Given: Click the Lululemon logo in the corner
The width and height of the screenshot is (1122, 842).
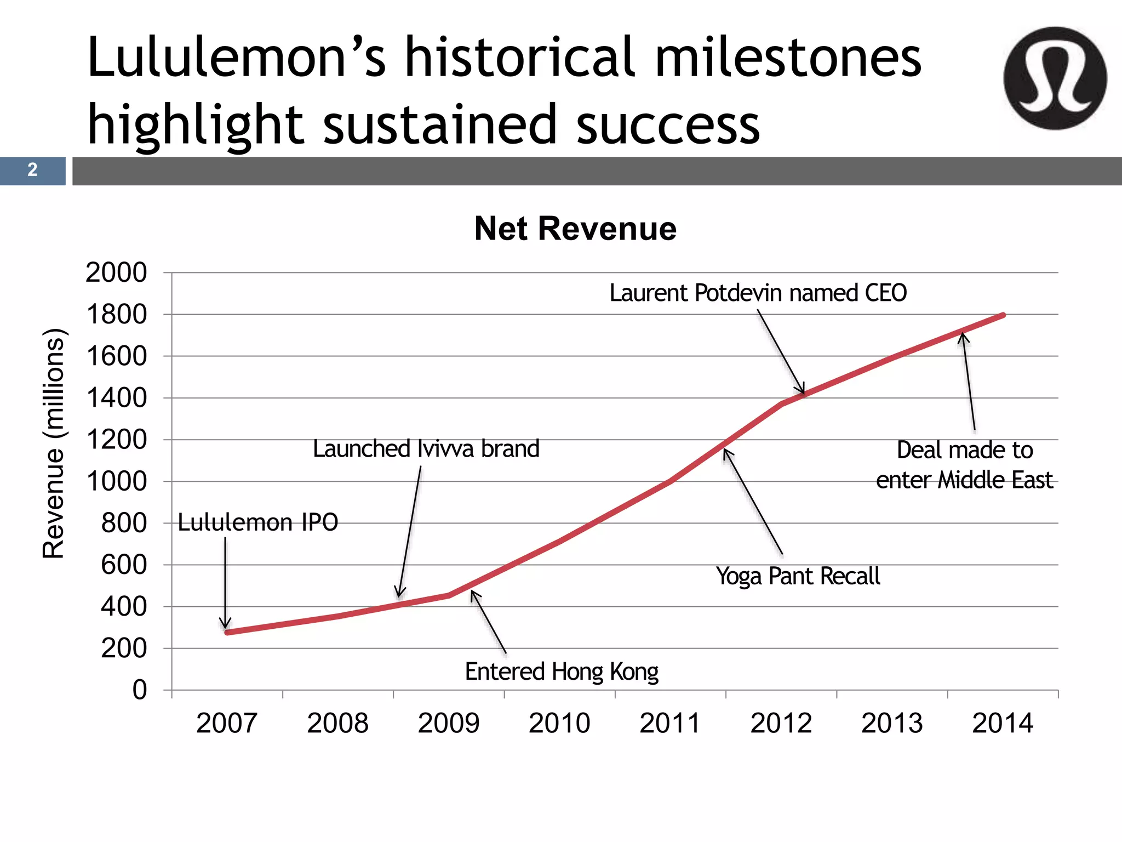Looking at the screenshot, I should [1055, 78].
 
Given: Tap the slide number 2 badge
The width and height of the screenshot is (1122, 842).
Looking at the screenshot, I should [32, 170].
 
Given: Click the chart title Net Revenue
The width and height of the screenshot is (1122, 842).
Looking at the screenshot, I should [575, 229].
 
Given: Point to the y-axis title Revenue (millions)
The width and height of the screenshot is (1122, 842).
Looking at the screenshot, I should [54, 443].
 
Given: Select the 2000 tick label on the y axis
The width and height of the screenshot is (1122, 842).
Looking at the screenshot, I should [116, 272].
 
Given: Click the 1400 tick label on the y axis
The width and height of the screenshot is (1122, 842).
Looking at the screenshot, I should [116, 398].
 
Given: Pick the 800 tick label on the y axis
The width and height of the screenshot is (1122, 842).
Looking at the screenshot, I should [124, 523].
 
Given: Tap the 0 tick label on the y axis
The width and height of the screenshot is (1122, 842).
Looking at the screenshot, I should [140, 690].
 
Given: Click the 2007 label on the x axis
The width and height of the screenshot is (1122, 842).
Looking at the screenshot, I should [227, 723].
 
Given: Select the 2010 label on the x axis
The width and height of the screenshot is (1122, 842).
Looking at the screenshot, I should [559, 723].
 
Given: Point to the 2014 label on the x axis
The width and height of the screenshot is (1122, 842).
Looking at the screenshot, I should [1003, 723].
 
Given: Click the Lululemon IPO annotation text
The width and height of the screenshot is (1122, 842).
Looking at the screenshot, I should [258, 522].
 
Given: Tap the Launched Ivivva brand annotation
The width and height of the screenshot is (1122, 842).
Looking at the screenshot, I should [426, 449].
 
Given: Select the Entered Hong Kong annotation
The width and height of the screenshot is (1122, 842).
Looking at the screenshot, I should [562, 672].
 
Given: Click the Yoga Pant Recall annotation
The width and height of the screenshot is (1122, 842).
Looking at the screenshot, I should [798, 576].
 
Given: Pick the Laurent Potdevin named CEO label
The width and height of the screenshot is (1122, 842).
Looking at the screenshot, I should [758, 293].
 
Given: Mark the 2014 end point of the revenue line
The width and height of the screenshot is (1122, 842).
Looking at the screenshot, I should [1003, 315].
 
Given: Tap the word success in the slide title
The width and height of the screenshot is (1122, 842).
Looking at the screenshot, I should [668, 125].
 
